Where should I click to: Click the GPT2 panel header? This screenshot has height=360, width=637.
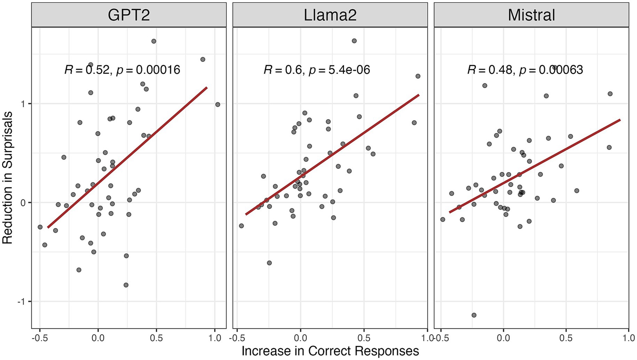click(129, 15)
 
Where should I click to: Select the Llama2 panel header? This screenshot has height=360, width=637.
click(330, 15)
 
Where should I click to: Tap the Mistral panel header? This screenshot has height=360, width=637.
click(531, 15)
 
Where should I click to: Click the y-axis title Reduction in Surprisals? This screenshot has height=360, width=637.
click(7, 178)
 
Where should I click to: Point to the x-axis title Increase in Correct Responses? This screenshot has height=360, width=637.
click(330, 351)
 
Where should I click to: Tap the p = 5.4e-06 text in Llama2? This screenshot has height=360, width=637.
click(339, 70)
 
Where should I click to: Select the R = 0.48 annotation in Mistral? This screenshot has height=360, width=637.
click(490, 70)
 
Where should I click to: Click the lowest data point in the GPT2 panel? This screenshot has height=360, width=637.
click(126, 285)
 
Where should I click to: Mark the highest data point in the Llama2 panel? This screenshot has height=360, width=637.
click(354, 41)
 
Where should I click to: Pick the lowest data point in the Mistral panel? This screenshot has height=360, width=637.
click(474, 315)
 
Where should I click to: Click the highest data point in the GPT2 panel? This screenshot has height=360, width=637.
click(154, 41)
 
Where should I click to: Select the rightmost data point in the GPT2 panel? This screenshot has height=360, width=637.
click(218, 104)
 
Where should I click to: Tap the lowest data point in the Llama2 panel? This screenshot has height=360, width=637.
click(269, 263)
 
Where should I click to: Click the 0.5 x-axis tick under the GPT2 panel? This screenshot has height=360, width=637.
click(156, 338)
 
